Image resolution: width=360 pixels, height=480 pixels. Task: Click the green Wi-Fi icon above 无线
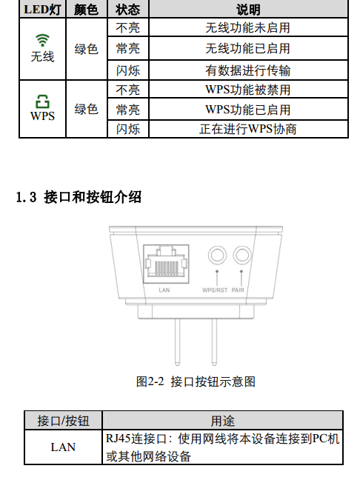click(x=42, y=40)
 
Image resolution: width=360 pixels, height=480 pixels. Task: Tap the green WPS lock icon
click(x=42, y=101)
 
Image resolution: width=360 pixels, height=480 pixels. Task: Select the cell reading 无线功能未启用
click(x=248, y=28)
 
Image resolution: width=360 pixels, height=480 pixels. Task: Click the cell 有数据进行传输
click(x=248, y=70)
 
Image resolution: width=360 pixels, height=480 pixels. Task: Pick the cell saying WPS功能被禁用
click(x=248, y=90)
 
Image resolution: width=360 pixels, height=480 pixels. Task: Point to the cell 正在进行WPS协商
click(x=248, y=129)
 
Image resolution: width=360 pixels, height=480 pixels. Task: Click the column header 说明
click(x=248, y=10)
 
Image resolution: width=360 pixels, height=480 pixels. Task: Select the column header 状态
click(x=128, y=10)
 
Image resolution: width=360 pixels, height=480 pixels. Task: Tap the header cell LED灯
click(x=42, y=10)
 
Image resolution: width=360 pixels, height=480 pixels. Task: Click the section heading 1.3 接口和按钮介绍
click(x=79, y=197)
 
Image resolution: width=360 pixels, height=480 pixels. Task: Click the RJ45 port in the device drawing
click(x=166, y=264)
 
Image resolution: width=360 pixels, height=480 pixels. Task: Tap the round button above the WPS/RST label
click(x=217, y=255)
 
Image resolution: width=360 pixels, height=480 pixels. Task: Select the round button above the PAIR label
click(x=241, y=255)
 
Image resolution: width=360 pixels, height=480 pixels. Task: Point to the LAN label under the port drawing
click(x=164, y=290)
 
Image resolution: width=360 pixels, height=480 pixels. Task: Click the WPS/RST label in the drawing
click(x=215, y=290)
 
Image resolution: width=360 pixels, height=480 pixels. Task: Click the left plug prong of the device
click(x=177, y=342)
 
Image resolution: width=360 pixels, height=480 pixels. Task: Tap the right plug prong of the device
click(x=214, y=342)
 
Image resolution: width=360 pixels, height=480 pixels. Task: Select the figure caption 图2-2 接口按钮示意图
click(x=196, y=381)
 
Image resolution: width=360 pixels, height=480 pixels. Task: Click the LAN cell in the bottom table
click(x=63, y=447)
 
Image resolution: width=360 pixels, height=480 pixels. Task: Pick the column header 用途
click(x=222, y=421)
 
